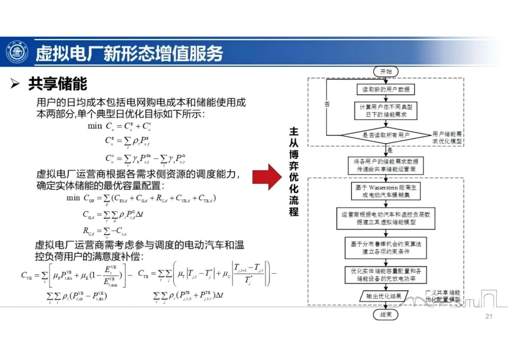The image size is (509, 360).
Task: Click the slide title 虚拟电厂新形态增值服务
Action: point(129,53)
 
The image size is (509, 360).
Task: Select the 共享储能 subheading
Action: point(57,84)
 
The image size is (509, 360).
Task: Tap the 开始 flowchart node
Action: point(386,72)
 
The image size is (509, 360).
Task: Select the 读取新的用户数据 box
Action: point(386,89)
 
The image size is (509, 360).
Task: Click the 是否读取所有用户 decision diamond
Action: point(386,135)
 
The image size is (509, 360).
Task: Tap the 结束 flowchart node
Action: point(386,314)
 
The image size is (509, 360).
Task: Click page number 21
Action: point(488,316)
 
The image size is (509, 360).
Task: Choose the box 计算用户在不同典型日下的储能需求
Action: point(386,111)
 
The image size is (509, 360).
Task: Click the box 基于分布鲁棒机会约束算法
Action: point(386,248)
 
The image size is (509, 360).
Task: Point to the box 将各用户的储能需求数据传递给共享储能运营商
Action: point(386,165)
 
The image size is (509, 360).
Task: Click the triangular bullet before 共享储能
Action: point(16,84)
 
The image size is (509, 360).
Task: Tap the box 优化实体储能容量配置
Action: point(386,275)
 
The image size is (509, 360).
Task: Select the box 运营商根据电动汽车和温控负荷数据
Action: point(386,219)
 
